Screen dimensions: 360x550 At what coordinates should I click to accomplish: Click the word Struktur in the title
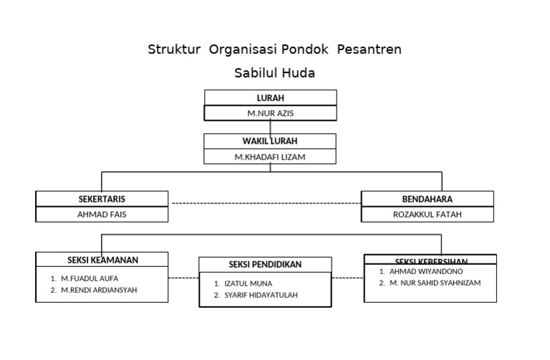[175, 49]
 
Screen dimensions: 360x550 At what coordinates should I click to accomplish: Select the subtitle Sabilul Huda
[274, 73]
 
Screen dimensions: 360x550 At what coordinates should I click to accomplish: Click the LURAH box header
[270, 98]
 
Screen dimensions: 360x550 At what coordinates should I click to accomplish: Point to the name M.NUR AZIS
[270, 114]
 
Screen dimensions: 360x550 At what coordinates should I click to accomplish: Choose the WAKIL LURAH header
[270, 141]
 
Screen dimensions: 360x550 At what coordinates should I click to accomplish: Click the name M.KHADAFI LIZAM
[270, 157]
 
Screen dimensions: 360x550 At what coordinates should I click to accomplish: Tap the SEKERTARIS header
[102, 199]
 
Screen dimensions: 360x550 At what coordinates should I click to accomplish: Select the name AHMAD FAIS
[102, 214]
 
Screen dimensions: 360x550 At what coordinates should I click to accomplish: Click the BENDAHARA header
[427, 199]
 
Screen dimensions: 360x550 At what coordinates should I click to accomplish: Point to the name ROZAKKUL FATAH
[427, 214]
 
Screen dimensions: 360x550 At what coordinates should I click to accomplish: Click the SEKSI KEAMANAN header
[102, 260]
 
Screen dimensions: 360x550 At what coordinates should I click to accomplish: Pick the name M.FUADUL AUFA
[90, 278]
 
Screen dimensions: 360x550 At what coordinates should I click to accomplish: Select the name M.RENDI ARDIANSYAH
[99, 290]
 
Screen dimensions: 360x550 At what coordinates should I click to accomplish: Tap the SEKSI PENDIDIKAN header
[265, 265]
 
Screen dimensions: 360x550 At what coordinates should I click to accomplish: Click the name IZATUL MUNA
[248, 283]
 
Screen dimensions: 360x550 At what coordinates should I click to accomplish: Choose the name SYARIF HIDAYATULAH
[261, 295]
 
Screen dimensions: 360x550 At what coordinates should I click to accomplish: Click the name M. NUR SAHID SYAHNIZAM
[435, 283]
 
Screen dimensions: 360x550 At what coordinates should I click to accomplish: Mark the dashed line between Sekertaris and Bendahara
[265, 203]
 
